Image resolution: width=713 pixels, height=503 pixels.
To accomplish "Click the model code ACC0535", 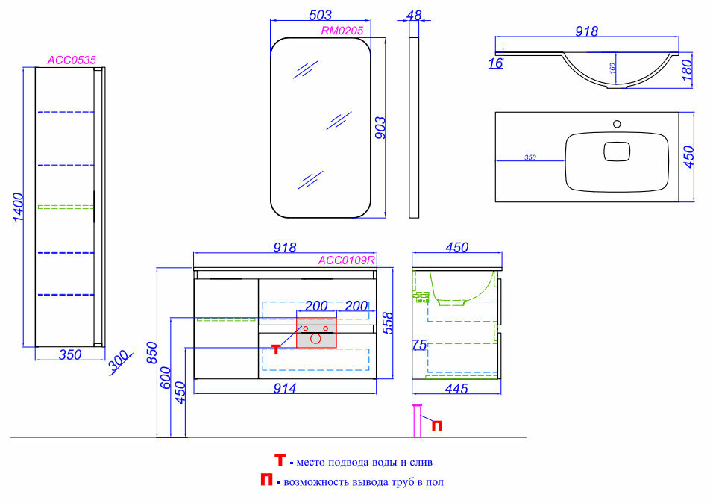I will click(x=72, y=60).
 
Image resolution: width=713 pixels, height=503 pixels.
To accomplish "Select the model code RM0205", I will click(x=342, y=31).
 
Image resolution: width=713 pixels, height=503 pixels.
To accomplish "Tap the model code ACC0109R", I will click(x=346, y=260).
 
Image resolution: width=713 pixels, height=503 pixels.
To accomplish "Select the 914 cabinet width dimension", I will click(x=285, y=388).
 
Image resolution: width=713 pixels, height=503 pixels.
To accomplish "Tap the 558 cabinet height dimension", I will click(x=386, y=322).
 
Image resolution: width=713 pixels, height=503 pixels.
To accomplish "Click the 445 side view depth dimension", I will click(x=456, y=388).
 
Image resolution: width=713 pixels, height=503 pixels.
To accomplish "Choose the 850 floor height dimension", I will click(x=152, y=352).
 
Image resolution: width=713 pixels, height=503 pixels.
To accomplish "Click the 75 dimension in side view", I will click(x=418, y=346).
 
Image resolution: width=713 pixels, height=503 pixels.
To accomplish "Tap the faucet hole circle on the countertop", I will click(x=616, y=124).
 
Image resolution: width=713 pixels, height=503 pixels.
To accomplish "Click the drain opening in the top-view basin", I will click(x=615, y=151).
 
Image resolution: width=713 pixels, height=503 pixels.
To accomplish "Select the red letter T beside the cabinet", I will click(x=276, y=349).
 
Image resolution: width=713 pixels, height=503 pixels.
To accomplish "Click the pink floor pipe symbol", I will click(x=417, y=422).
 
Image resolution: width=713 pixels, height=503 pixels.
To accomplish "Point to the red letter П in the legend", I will click(x=266, y=481).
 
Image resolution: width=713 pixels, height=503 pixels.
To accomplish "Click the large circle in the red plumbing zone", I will click(x=315, y=339).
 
